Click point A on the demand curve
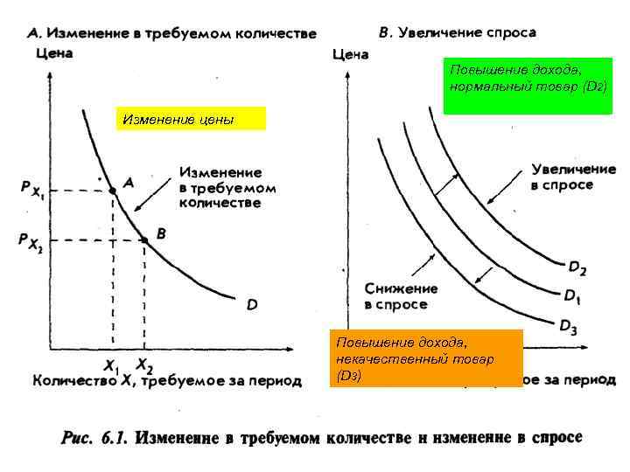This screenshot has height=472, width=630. tap(113, 189)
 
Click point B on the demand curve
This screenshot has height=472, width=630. tap(144, 239)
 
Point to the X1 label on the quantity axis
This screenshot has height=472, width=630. tap(111, 364)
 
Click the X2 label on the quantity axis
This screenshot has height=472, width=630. tap(143, 364)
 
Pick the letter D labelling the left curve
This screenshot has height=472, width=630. tap(251, 305)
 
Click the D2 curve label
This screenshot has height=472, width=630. tap(577, 267)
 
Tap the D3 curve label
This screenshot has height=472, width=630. tap(569, 327)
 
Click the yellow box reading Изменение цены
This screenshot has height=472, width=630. tap(191, 119)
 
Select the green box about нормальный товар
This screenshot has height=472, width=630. tap(527, 78)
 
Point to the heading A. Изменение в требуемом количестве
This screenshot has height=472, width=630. tap(171, 32)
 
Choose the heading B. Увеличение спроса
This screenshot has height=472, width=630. tap(458, 32)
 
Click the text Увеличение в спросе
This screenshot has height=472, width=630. tap(562, 176)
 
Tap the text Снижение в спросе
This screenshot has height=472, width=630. tap(401, 296)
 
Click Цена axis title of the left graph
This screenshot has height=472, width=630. tap(53, 53)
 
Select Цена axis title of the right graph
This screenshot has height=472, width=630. tap(351, 54)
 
